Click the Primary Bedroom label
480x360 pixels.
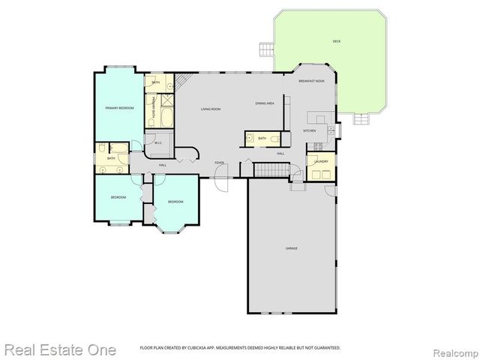pos(119,108)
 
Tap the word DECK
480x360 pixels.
pos(337,41)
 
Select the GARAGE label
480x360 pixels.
pos(291,247)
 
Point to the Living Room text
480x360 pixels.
pos(210,109)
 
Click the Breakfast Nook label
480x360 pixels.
pos(310,80)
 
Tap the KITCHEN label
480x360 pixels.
pos(309,130)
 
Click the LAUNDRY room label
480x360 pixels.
pos(321,160)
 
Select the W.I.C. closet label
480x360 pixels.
pos(159,142)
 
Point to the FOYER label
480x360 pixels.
pos(220,163)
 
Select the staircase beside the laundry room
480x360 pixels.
pos(271,170)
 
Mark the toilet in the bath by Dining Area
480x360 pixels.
pos(275,139)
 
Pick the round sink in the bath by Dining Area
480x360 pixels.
pos(250,138)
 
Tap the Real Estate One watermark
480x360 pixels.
pos(60,349)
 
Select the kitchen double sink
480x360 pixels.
pos(318,118)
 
